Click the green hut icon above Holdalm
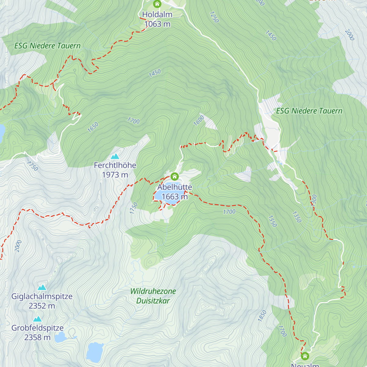coord(157,4)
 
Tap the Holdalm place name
coord(157,14)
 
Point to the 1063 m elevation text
coord(157,24)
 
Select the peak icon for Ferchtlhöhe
coord(115,156)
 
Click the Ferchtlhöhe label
coord(115,165)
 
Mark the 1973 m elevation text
coord(115,175)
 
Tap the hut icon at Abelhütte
coord(174,176)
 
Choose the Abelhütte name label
coord(175,187)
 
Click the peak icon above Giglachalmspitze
coord(42,287)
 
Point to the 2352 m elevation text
coord(42,306)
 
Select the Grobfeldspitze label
coord(38,328)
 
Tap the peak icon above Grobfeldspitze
coord(38,319)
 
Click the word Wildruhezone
coord(153,291)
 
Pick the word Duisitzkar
coord(153,301)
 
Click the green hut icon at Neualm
coord(305,356)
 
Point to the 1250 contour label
coord(214,17)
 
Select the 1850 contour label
coord(262,316)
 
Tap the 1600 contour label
coord(199,121)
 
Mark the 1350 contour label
coord(297,217)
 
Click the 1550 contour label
coord(272,221)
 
